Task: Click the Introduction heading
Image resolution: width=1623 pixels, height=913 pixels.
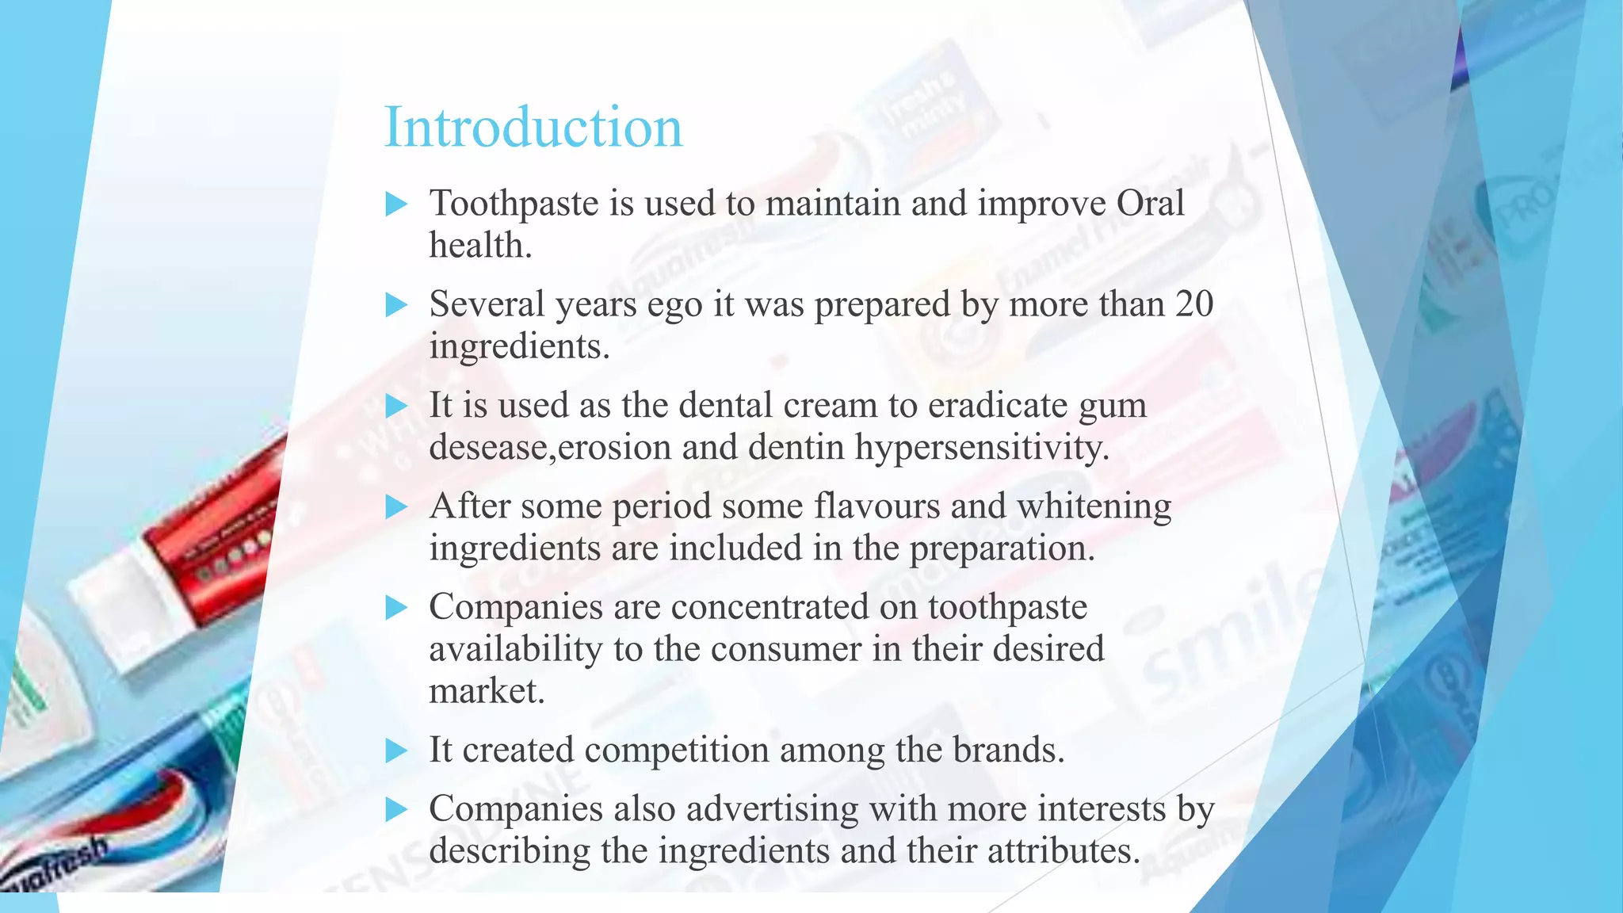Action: pos(533,128)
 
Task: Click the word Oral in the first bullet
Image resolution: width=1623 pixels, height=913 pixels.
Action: pos(1150,204)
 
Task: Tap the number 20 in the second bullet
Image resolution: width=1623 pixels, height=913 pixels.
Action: pos(1193,304)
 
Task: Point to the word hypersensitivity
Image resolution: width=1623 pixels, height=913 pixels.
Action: pos(982,448)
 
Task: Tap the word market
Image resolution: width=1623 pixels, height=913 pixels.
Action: pos(487,691)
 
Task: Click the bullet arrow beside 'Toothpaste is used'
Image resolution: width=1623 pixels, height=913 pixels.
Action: pos(395,204)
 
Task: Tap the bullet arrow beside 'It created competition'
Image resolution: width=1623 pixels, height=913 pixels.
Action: pos(395,751)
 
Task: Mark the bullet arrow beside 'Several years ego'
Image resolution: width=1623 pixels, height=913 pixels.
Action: pos(395,305)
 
